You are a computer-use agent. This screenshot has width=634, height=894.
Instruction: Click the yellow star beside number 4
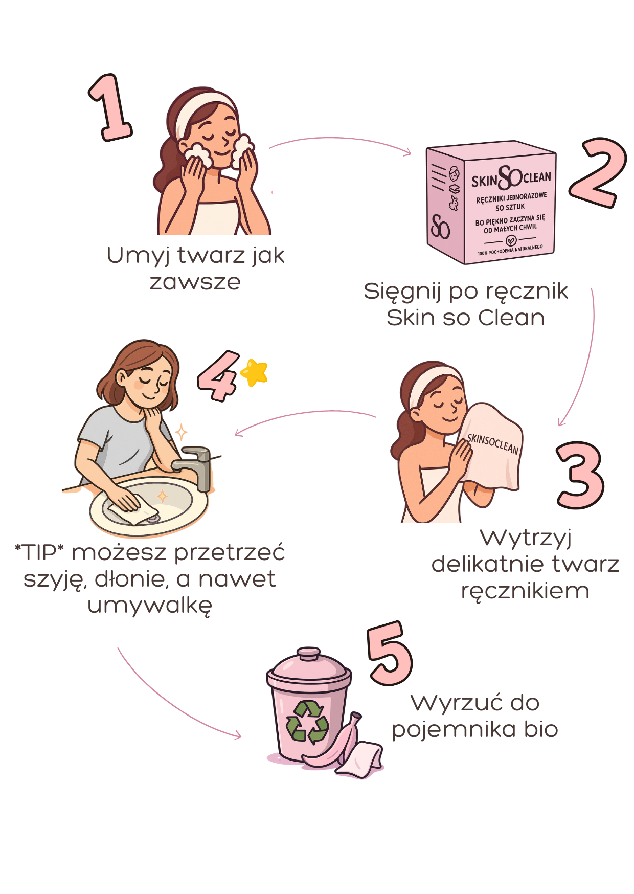tap(254, 372)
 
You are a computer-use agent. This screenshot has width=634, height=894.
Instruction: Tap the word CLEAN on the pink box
tap(537, 177)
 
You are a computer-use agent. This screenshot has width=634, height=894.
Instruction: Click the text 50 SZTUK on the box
tap(510, 207)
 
